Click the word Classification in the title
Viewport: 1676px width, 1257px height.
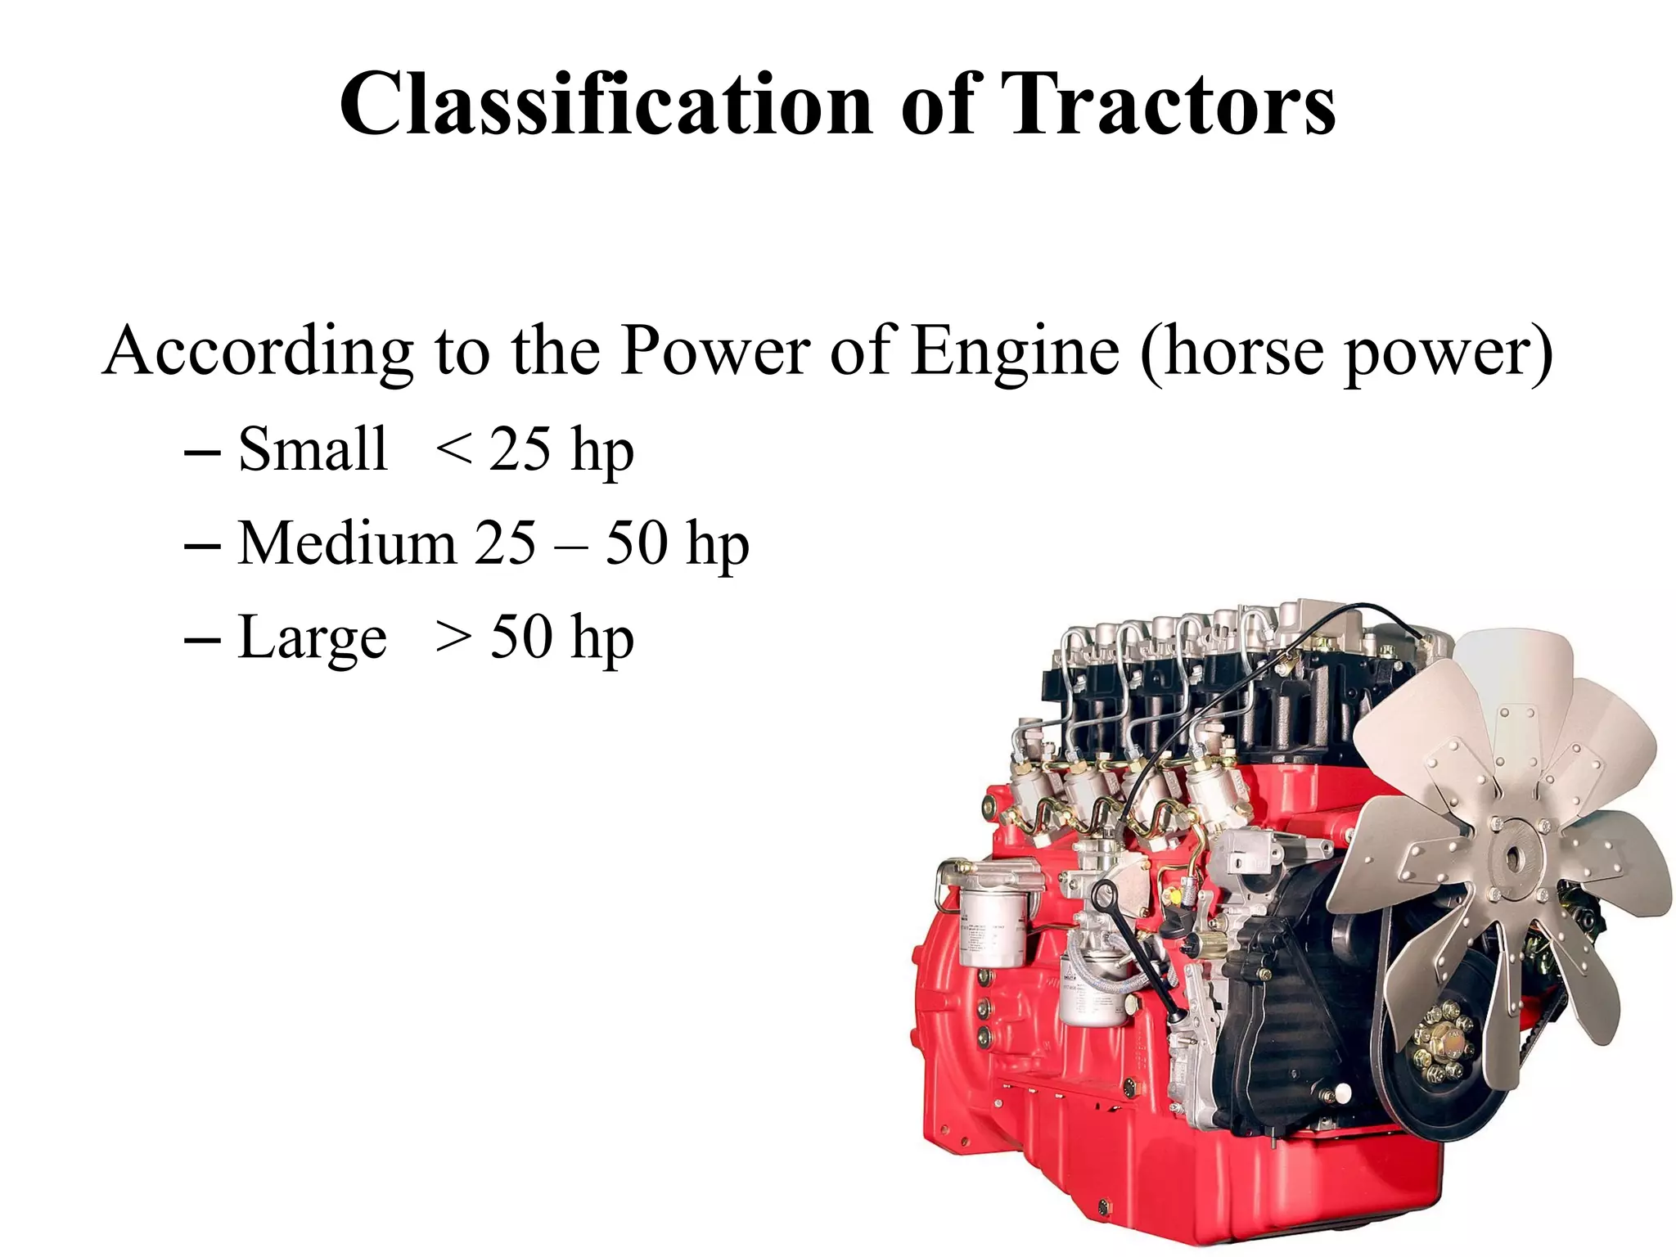606,105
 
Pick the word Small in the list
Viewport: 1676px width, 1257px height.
312,449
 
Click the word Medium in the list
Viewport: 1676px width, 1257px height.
346,543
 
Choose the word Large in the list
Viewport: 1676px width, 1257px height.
312,638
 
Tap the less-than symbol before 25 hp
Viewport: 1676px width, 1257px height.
453,451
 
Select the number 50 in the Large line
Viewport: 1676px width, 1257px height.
520,638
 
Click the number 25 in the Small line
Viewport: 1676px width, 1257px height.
520,449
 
